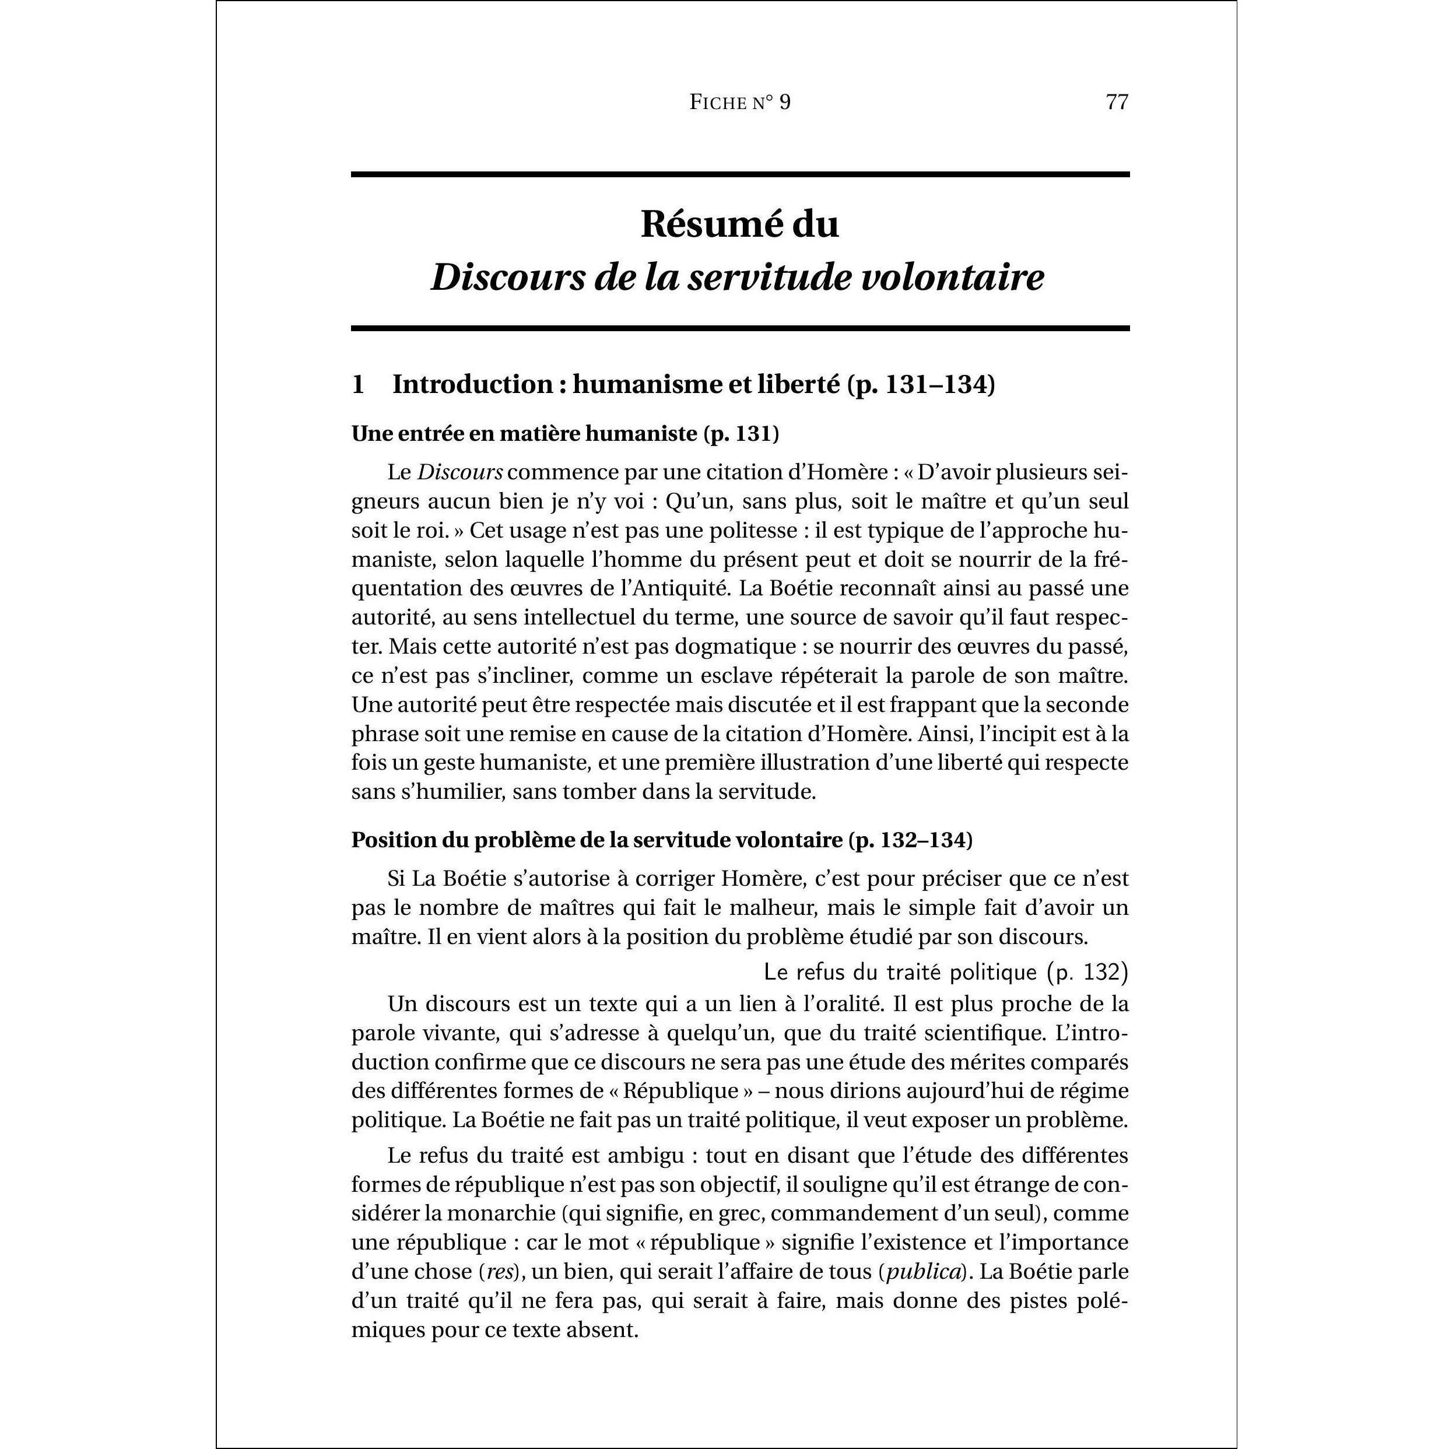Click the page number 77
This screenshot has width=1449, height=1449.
(1117, 102)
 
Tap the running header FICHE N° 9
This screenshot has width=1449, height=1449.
(739, 102)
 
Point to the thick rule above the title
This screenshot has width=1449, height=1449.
(739, 175)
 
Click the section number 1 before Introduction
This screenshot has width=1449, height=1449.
(358, 385)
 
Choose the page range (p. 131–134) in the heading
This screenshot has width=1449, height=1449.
(921, 385)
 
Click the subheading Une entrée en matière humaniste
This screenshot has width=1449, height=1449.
(525, 433)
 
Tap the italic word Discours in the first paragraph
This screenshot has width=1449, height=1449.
(459, 472)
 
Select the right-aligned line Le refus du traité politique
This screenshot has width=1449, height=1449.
(945, 972)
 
